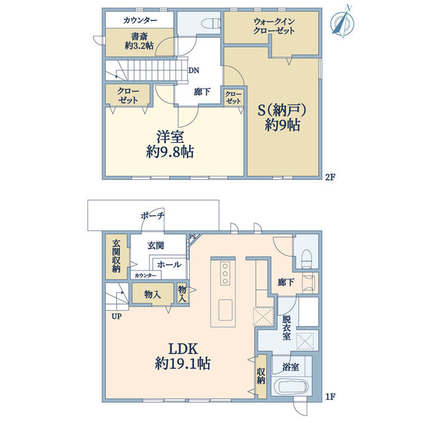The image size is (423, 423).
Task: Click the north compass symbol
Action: pos(342,22)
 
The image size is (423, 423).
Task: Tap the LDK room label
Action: pos(184,349)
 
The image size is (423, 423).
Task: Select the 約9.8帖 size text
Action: pos(170,152)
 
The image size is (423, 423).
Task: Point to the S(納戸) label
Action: pos(282,110)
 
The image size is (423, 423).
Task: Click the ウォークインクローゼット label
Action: pos(274,26)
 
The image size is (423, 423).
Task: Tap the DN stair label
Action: pos(194,71)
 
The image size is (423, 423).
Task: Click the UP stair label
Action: pos(116,316)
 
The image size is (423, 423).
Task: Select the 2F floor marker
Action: pos(330,177)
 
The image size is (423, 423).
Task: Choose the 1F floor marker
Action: pos(330,397)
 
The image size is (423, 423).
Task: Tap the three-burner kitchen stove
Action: pos(225,274)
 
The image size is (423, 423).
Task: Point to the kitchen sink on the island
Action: pos(225,310)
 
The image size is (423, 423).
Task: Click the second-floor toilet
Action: pos(211,24)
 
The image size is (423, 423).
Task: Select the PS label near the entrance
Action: pos(192,237)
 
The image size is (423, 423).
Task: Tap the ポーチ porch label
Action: pos(153,215)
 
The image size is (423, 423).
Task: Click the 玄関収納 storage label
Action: pos(116,256)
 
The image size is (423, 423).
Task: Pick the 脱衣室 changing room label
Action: pos(286,328)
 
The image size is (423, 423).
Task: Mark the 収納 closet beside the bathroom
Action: pos(261,376)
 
